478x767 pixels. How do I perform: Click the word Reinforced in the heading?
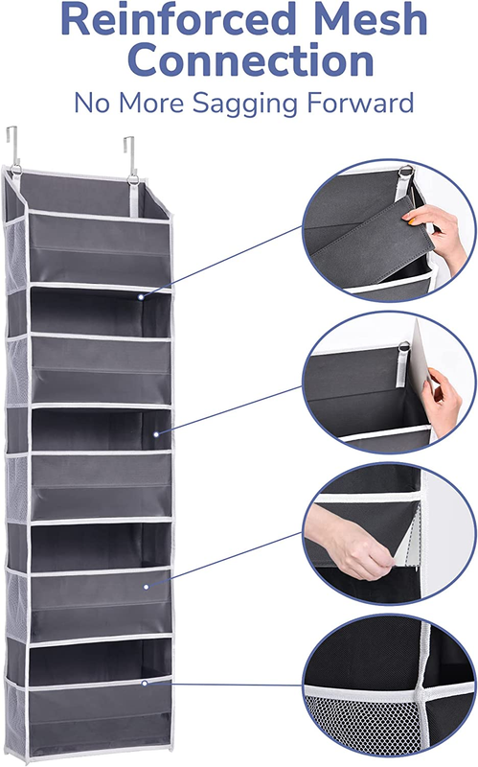point(178,18)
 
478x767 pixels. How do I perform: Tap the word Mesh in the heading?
point(371,18)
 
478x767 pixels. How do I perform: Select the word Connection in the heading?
point(250,59)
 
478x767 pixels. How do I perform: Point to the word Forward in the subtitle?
point(360,103)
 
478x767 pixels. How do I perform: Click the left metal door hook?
point(13,146)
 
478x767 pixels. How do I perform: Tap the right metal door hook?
point(130,155)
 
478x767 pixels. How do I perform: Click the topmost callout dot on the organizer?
point(141,297)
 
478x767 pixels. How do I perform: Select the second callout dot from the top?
point(156,434)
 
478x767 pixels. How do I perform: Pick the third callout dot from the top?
point(147,587)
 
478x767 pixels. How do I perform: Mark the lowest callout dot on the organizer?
point(145,683)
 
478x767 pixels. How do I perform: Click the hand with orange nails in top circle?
point(437,234)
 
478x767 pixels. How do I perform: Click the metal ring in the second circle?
point(403,347)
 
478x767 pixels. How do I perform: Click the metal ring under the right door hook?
point(133,179)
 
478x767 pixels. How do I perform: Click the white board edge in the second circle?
point(419,358)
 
